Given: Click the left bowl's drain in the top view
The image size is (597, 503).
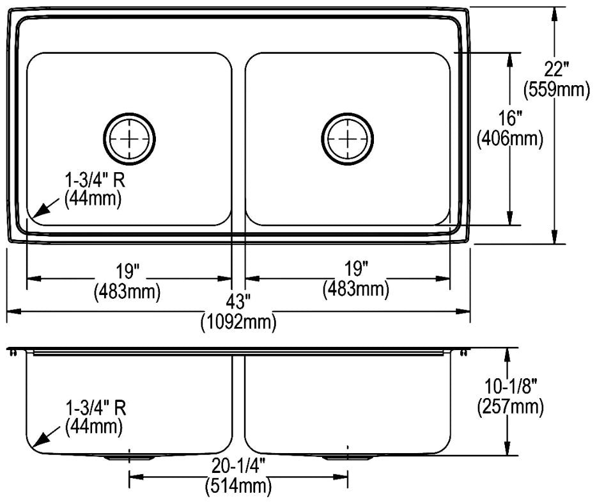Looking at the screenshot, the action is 130,139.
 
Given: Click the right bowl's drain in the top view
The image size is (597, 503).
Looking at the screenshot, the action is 347,139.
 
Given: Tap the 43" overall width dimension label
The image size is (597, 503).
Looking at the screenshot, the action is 238,302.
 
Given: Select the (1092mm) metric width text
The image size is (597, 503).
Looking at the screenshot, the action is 238,323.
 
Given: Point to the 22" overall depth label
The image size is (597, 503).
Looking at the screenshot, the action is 556,70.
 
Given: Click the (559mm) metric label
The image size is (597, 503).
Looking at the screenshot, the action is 557,90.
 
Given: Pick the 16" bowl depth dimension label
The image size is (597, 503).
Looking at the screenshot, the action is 510,118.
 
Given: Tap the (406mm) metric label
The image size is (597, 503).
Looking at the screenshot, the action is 510,138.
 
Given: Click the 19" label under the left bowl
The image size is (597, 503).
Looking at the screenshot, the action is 128,272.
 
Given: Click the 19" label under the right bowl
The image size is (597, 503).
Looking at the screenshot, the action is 356,269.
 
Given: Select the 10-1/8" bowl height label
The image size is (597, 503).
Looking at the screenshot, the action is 511,387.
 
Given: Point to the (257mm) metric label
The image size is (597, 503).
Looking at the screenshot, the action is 511,406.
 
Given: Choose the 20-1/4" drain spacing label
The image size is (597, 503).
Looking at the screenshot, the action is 238,467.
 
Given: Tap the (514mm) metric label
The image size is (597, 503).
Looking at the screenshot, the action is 238,486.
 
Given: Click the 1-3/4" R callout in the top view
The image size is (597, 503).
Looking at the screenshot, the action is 95,180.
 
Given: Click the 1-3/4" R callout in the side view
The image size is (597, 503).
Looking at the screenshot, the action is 96,408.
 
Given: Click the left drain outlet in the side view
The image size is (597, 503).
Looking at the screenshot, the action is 130,458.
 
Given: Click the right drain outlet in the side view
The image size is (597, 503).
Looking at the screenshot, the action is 348,458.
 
